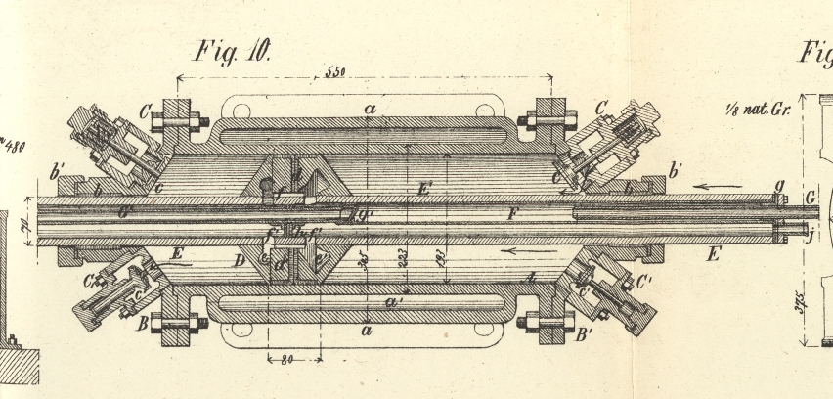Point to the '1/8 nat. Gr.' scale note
759,109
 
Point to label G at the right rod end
811,199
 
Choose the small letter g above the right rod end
778,183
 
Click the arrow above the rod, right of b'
711,183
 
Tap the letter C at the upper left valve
146,110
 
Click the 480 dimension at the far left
14,148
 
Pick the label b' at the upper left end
57,176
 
